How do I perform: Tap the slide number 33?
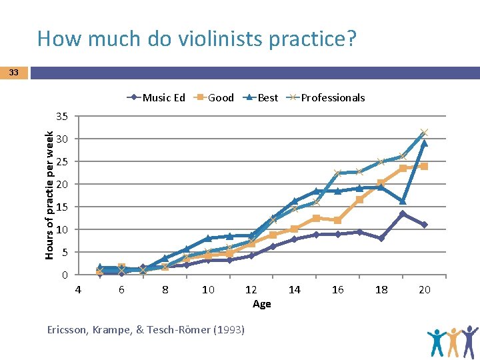click(14, 73)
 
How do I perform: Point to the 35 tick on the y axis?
click(62, 116)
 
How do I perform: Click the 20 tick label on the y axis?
click(62, 184)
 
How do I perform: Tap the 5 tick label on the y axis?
click(65, 253)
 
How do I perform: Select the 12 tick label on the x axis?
click(251, 289)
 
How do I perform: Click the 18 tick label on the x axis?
click(381, 289)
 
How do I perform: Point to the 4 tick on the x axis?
click(78, 289)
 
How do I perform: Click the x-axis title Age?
click(262, 304)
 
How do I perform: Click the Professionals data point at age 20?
click(424, 133)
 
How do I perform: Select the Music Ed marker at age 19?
click(403, 214)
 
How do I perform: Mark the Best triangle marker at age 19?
click(403, 201)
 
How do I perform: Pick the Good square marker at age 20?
click(424, 167)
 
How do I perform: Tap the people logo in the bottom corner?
click(453, 341)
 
